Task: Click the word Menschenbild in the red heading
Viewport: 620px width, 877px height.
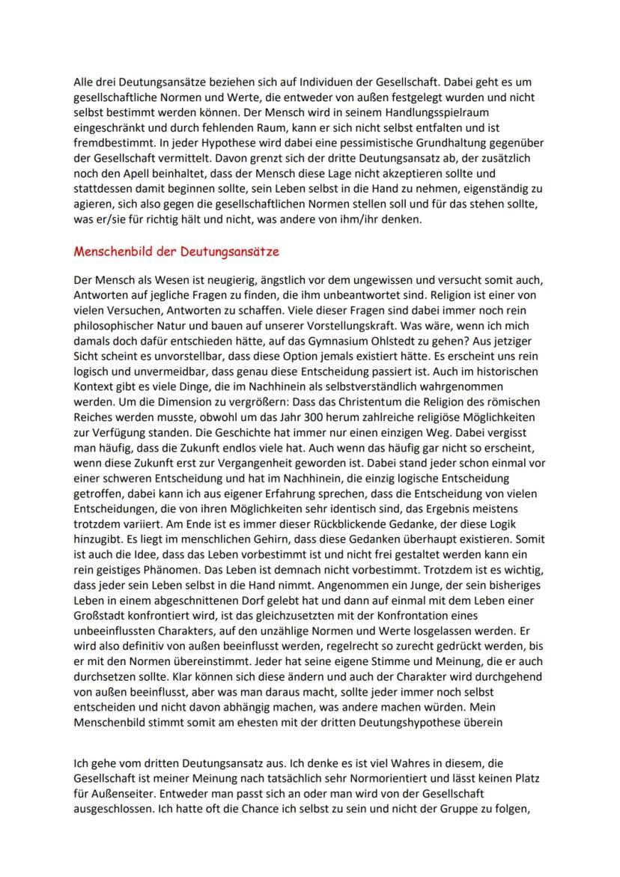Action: click(111, 252)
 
